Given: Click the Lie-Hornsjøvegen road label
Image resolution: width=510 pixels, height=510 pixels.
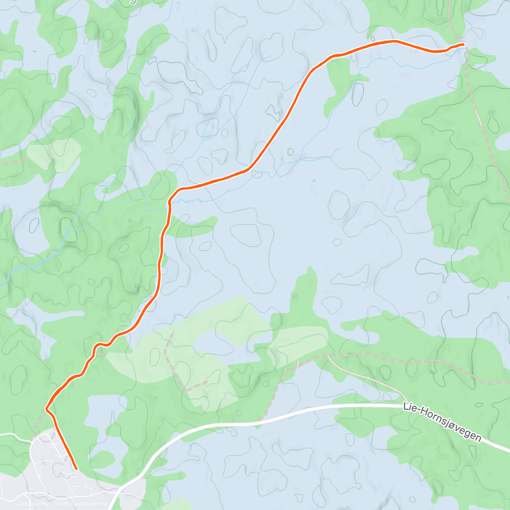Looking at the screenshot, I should pos(442,423).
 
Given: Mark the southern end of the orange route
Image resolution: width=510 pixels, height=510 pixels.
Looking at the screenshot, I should pos(76,469).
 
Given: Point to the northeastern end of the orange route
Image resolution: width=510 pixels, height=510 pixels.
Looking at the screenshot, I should pos(462,44).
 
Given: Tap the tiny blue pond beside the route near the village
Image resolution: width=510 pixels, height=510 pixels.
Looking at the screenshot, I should pos(69,439).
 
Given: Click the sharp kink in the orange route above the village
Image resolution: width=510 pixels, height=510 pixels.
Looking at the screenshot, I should pos(47,409).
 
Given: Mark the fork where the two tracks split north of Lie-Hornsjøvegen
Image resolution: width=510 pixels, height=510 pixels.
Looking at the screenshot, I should pos(327,356).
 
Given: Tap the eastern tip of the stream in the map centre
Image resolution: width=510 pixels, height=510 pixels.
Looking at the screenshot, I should pos(340,148).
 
